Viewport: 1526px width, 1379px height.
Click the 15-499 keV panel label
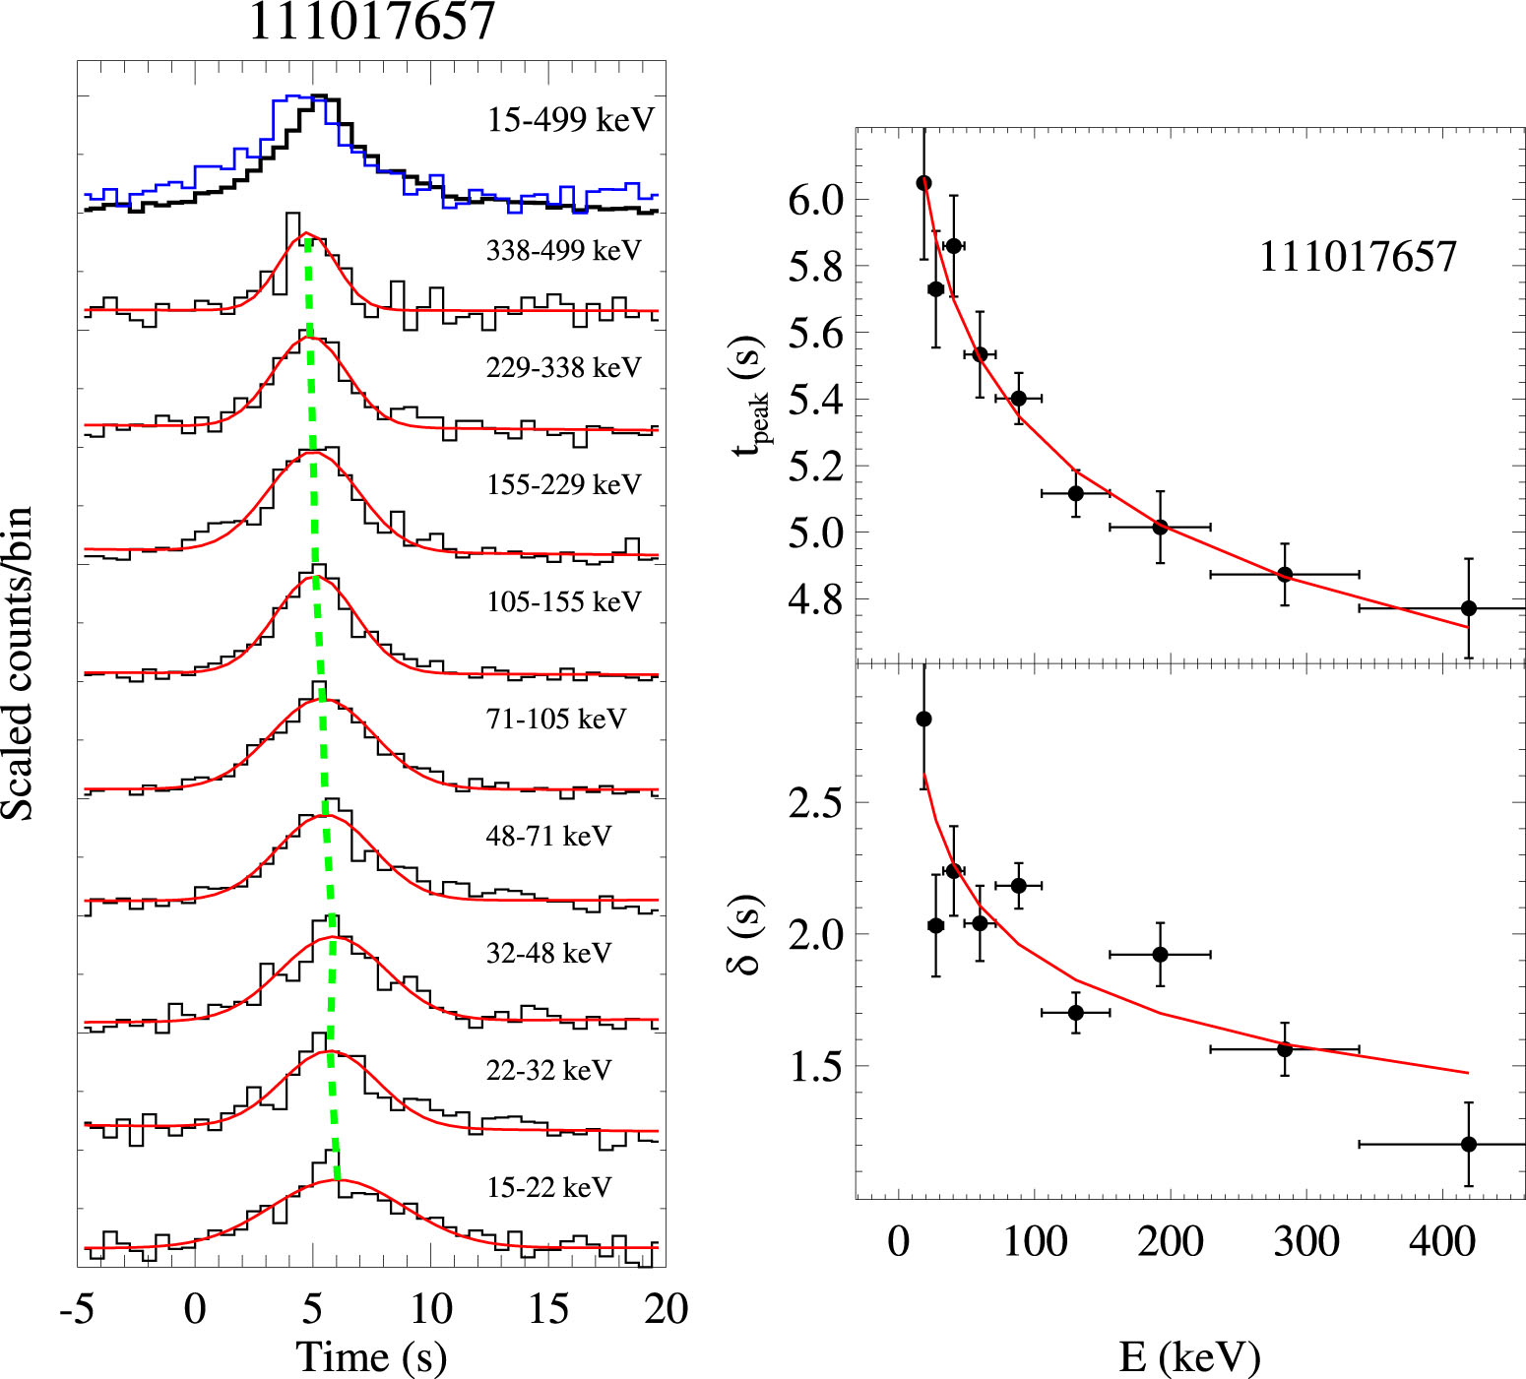[570, 120]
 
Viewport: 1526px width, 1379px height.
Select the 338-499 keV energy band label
[563, 251]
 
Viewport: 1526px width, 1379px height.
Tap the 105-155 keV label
[563, 601]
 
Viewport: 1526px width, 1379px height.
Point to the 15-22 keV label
[548, 1187]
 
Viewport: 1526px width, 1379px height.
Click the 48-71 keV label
[548, 836]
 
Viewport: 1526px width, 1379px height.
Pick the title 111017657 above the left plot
[371, 22]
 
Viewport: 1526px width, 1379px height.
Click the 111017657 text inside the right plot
[1357, 257]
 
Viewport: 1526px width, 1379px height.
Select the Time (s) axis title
[371, 1357]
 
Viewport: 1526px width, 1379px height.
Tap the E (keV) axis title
[1189, 1357]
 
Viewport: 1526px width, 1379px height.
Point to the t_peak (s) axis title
[750, 394]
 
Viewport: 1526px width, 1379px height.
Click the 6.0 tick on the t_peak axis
[815, 200]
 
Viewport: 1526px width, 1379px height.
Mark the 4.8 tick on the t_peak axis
[815, 599]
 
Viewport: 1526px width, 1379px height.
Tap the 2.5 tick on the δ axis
[815, 802]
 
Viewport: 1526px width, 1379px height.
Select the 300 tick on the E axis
[1305, 1242]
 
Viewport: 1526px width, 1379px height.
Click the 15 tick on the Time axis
[547, 1309]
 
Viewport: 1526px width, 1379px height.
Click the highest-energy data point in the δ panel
[1468, 1144]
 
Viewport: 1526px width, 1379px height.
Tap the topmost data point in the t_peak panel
[923, 183]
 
